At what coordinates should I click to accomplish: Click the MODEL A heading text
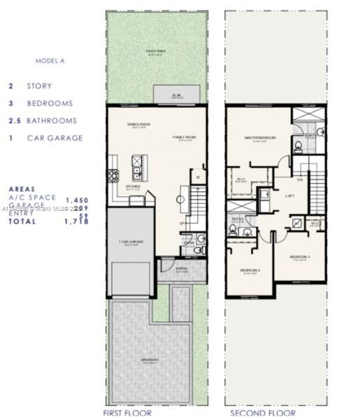click(x=50, y=61)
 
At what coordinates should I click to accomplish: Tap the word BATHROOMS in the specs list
click(x=51, y=121)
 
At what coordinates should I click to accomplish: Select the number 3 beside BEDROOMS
click(x=11, y=103)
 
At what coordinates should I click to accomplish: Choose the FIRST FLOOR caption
click(x=126, y=413)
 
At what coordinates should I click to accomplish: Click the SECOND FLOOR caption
click(x=256, y=413)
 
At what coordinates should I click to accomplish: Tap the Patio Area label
click(x=155, y=51)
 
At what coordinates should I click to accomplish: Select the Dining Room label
click(x=137, y=125)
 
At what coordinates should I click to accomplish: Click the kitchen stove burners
click(x=113, y=176)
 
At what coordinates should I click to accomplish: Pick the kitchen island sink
click(x=137, y=169)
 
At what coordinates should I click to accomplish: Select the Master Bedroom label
click(x=258, y=137)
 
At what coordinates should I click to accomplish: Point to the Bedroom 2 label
click(x=250, y=271)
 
